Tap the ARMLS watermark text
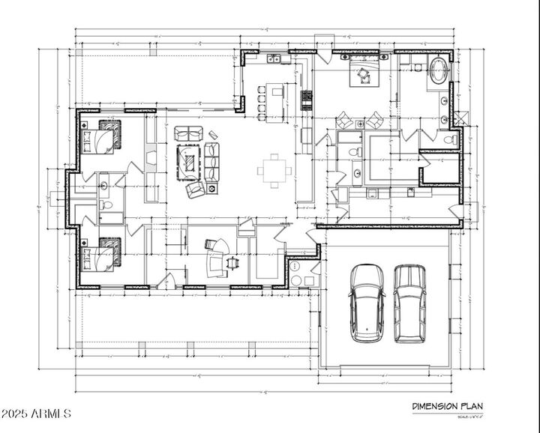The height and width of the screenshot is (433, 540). coord(36,413)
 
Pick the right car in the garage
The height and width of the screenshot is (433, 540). coord(409,302)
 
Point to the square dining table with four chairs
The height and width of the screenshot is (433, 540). coord(274,170)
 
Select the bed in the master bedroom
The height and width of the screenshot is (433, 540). coord(364,73)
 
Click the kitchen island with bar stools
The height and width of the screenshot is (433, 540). coord(276,101)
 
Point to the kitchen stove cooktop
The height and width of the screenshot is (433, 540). coord(306,97)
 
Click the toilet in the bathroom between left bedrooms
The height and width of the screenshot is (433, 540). coord(106,205)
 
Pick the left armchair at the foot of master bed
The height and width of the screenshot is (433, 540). coord(345,120)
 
